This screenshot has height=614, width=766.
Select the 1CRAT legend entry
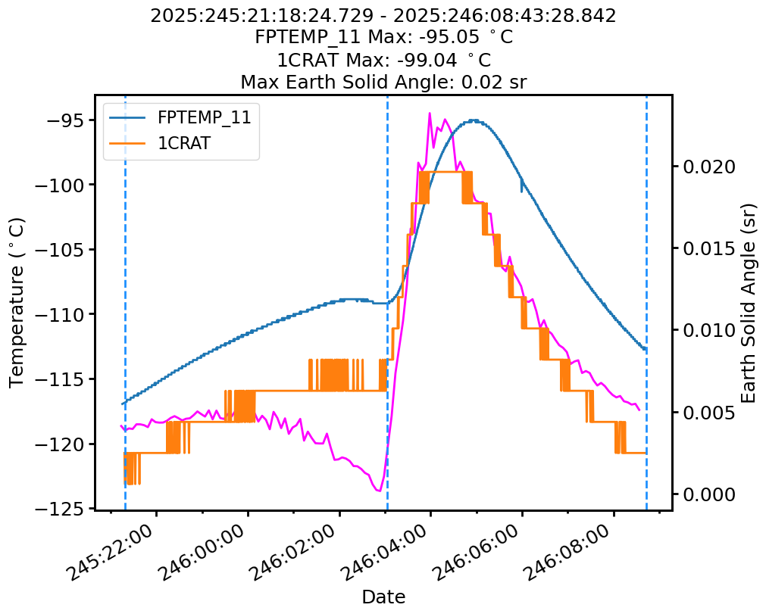[x=183, y=144]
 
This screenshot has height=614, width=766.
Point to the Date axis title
[x=383, y=597]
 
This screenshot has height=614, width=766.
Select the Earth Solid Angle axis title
[x=749, y=302]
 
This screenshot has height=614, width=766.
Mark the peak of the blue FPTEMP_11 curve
[x=474, y=120]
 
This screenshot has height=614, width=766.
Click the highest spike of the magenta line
[x=430, y=114]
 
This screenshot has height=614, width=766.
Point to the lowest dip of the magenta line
[x=377, y=491]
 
